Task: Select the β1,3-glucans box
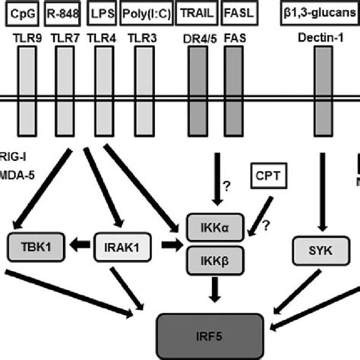pos(320,12)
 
